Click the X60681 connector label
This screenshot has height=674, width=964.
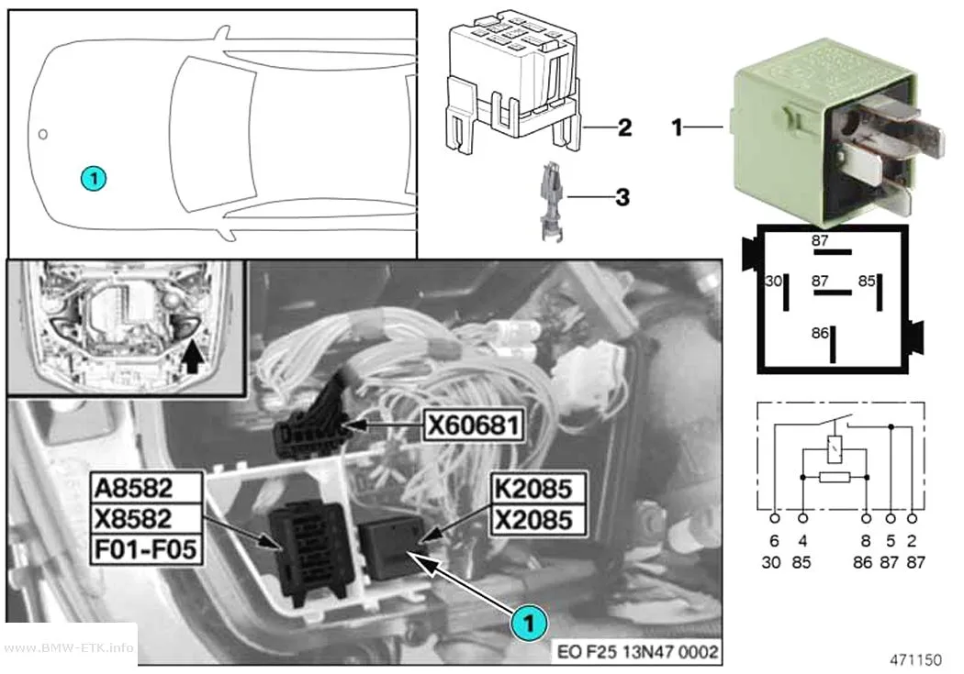[x=474, y=425]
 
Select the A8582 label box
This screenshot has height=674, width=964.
[x=146, y=488]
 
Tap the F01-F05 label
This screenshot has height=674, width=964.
[x=146, y=548]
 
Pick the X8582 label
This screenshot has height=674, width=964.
[x=146, y=519]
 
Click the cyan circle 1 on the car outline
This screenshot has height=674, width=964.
[x=94, y=179]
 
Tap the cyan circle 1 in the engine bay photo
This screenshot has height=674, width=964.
[x=529, y=623]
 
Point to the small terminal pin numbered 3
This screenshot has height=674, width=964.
[x=551, y=200]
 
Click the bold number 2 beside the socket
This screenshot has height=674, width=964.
[x=624, y=127]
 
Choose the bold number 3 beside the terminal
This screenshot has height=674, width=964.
[x=622, y=197]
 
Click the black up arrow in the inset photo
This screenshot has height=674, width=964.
[x=193, y=358]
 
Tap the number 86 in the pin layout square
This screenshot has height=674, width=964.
[x=820, y=333]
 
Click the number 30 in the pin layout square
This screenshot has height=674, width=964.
[x=773, y=282]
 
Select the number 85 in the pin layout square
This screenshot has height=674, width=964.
[x=867, y=282]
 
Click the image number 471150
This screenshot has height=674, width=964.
[x=915, y=660]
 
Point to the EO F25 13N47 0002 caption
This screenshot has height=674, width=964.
[x=637, y=651]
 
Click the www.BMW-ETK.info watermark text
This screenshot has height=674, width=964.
[x=69, y=647]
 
